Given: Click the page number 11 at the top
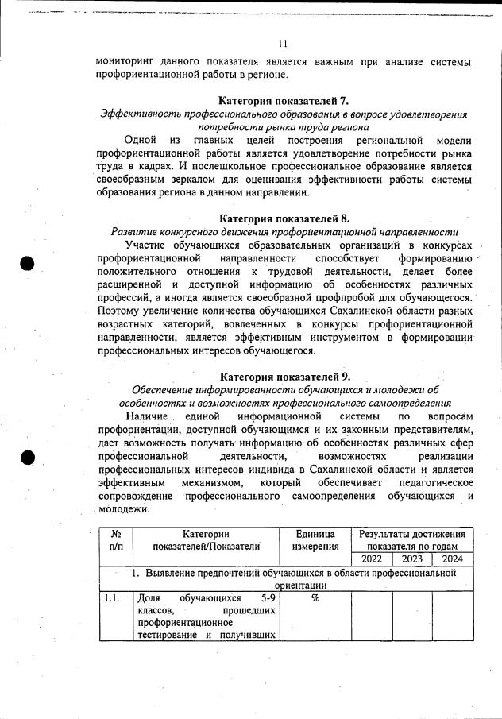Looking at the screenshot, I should (284, 43).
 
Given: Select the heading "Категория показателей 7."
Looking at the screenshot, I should (284, 101).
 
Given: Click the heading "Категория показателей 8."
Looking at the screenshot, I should (284, 218).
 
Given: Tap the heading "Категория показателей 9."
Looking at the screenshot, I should (284, 376).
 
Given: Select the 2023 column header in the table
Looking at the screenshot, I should (412, 559).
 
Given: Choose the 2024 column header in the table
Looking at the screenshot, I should (452, 559).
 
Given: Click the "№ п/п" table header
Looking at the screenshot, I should (115, 540).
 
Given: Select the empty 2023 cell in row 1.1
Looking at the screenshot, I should (412, 616).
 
